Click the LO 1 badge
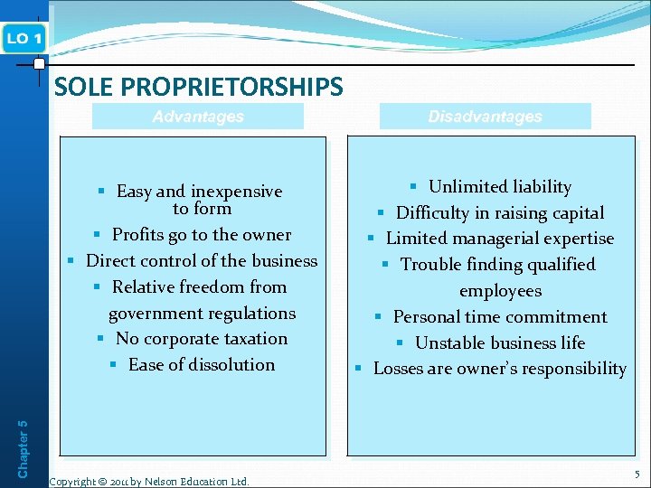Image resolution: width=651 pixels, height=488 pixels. pos(24,39)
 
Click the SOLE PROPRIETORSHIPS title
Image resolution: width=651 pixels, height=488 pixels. pos(198,87)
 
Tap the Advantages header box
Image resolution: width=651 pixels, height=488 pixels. pos(198,117)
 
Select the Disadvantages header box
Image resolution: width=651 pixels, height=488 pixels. pos(485,117)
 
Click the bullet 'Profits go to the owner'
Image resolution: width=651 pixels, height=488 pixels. pos(201,235)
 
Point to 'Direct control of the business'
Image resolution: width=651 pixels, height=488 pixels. pos(201,261)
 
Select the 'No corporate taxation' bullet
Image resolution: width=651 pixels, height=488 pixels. pos(201,339)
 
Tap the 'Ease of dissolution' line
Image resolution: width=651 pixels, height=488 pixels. pos(201,365)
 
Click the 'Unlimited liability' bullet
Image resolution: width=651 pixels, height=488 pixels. pos(499,187)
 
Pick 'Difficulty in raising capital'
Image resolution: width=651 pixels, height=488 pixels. pos(499,213)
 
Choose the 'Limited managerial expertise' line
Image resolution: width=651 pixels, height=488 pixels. pos(499,239)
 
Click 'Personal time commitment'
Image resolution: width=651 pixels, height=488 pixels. pos(499,317)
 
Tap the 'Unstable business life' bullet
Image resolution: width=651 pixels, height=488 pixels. pos(499,343)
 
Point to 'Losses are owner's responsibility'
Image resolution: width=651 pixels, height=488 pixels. pos(499,369)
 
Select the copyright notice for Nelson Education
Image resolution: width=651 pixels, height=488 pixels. pos(149,481)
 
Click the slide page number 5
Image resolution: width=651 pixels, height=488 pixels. pos(637,474)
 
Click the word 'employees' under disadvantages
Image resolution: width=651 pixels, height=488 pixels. pos(500,291)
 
